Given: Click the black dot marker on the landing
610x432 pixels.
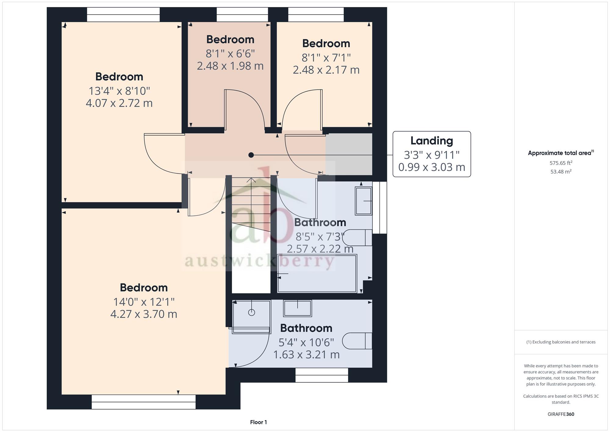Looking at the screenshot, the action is click(251, 155).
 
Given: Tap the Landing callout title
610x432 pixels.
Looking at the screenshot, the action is click(432, 141).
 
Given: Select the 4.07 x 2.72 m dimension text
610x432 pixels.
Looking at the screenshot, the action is click(119, 103).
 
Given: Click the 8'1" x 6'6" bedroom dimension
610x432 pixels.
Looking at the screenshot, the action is click(230, 54).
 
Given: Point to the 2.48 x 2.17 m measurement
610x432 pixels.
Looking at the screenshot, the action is click(326, 70).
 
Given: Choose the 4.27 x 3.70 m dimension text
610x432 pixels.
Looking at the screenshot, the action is click(144, 314).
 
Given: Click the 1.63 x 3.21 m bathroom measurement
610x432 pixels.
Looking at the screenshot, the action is click(306, 355).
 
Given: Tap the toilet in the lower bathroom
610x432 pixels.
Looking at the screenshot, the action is click(357, 341).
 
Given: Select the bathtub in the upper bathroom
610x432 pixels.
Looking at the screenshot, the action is click(317, 274).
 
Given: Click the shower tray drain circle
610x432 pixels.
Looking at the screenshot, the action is click(252, 312).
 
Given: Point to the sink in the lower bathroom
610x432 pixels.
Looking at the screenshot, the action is click(297, 308).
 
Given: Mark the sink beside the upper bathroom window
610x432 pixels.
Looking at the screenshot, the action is click(364, 201).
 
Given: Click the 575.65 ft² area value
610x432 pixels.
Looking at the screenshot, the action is click(561, 163).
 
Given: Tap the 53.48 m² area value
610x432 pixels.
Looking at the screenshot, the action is click(561, 172).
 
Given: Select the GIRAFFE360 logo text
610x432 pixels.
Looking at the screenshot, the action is click(561, 414).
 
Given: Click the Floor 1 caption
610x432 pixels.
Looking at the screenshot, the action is click(258, 422).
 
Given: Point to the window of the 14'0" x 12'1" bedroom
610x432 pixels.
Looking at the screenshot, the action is click(144, 402).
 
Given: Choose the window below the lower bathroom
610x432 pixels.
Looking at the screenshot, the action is click(322, 375).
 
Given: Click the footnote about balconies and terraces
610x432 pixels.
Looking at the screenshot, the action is click(561, 342).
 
